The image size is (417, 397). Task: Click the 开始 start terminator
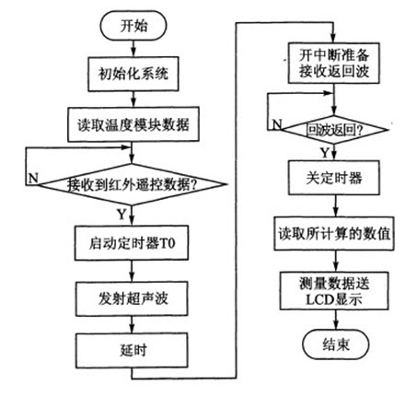pos(133,26)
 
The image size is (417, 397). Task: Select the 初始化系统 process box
pos(133,74)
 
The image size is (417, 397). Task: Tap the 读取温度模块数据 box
pos(133,124)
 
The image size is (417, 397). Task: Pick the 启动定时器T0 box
pos(132,243)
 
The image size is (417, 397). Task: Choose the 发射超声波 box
pos(132,298)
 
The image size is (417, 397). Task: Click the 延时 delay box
pos(132,350)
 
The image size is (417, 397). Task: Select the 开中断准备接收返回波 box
pos(334,64)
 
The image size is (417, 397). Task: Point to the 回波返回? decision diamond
pos(335,130)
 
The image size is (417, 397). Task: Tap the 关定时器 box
pos(334,178)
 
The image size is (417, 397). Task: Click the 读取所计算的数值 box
pos(334,233)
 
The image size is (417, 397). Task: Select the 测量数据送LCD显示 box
pos(334,291)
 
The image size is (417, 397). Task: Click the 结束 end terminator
pos(336,344)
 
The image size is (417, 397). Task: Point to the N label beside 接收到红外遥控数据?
pos(33,178)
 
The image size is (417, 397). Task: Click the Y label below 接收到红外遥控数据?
pos(122,214)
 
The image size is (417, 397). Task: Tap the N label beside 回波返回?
pos(277,124)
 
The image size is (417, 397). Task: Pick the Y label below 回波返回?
pos(325,152)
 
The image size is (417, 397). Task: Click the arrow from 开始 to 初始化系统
pos(133,49)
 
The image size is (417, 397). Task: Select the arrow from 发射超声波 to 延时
pos(132,324)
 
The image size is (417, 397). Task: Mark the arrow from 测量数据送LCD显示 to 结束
pos(336,320)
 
